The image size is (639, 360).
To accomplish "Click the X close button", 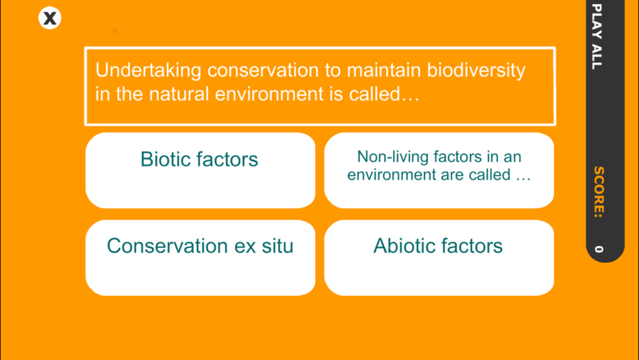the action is click(50, 18).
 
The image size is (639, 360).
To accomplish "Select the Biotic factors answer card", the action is click(200, 171).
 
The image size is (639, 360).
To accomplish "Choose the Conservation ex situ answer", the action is click(200, 258).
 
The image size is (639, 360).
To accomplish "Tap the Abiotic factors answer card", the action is click(439, 258).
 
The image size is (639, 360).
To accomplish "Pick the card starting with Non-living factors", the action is click(439, 171).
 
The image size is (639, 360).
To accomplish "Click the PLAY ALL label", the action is click(597, 36).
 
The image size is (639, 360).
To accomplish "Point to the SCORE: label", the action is click(598, 192).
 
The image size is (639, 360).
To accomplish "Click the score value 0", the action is click(598, 249).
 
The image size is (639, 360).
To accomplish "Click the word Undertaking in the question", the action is click(148, 70).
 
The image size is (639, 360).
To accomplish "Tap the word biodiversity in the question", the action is click(476, 70).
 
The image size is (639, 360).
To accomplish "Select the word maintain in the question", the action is click(383, 70).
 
